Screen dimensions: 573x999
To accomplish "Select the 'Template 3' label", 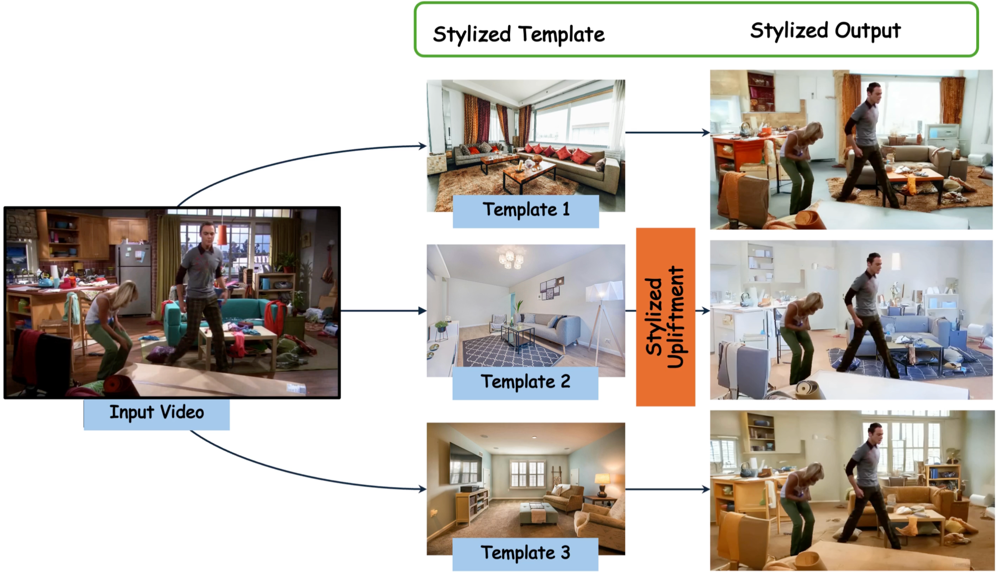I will coord(526,553).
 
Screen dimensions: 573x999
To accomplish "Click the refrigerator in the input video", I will coord(134,277).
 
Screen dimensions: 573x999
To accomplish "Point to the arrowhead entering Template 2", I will coord(422,311).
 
